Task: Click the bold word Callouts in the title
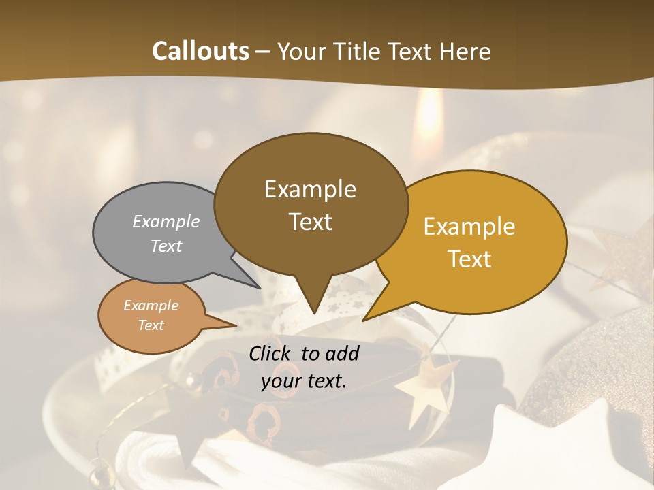200,51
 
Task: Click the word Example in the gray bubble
166,222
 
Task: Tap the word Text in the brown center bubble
311,222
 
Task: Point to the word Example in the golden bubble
469,227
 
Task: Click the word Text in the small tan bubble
151,325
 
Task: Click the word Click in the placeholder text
272,353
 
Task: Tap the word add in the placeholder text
342,353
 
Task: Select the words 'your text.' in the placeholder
304,381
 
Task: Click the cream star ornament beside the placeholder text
426,385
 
